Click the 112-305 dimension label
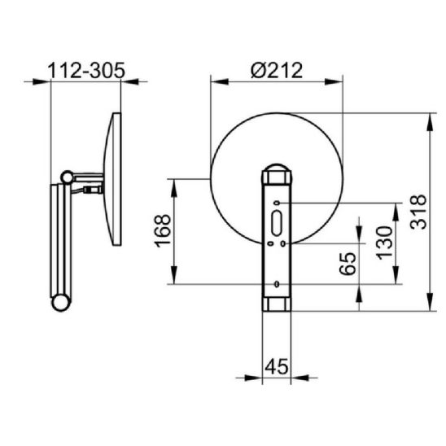point(86,70)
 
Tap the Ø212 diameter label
point(277,70)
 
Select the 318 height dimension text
point(418,212)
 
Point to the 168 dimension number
point(163,231)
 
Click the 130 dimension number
point(384,243)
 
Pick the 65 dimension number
point(348,264)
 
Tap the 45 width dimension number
point(277,366)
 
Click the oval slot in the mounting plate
point(277,223)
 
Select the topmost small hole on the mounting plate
point(277,203)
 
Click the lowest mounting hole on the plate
point(277,284)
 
